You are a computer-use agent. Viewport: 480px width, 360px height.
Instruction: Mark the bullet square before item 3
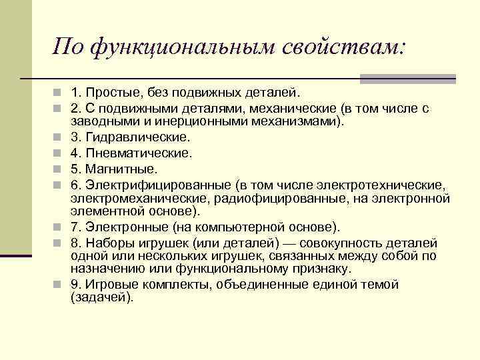(59, 137)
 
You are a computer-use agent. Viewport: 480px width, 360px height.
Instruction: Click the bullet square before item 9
(59, 285)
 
